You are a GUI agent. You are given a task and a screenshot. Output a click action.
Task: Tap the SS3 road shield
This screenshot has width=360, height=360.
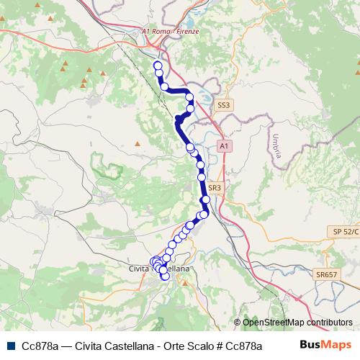[224, 105]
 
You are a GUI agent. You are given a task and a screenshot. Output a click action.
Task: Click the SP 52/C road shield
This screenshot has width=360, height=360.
[346, 230]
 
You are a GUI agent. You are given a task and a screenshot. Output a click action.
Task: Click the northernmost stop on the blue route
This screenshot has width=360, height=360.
[158, 66]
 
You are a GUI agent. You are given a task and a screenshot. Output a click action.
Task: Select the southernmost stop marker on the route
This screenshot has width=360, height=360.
[165, 276]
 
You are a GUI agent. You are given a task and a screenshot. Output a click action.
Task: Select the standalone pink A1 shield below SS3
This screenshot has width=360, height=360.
[224, 146]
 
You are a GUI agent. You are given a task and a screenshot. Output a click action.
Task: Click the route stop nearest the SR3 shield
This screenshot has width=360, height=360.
[207, 199]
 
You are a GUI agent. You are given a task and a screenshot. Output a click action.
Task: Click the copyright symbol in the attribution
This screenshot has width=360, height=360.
[238, 323]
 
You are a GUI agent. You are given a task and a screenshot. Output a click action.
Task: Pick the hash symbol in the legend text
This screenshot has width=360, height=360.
[220, 346]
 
